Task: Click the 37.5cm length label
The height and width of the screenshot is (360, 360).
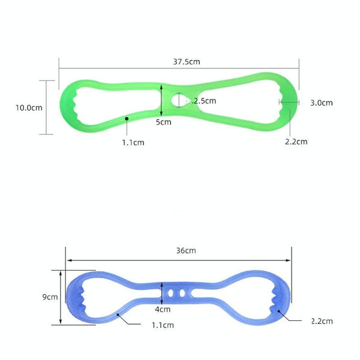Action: coord(187,62)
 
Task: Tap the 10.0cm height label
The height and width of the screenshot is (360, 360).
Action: coord(29,107)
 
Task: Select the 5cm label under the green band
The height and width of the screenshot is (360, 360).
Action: coord(164,122)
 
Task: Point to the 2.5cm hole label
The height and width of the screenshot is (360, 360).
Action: coord(205,101)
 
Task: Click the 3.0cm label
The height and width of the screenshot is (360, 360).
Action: coord(322,103)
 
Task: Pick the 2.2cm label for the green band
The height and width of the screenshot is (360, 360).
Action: coord(296,142)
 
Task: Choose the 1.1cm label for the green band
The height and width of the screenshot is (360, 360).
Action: coord(133,143)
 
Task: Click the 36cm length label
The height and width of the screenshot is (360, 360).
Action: coord(186,250)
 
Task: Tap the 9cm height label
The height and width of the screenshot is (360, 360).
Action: coord(50,297)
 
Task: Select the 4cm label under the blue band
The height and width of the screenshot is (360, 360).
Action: coord(163,309)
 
